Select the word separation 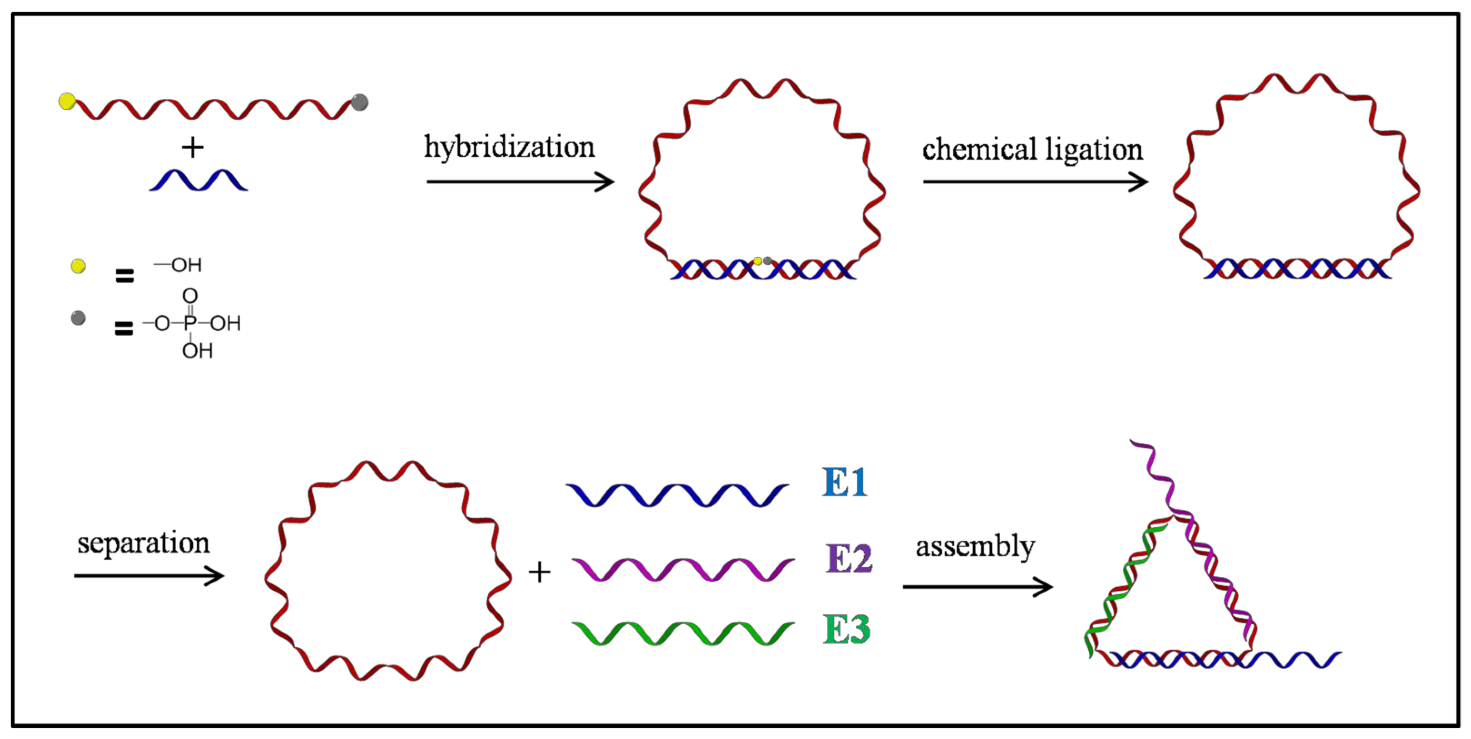pyautogui.click(x=143, y=543)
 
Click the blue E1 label pyautogui.click(x=845, y=483)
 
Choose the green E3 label pyautogui.click(x=846, y=630)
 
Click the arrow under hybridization pyautogui.click(x=520, y=182)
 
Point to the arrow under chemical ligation pyautogui.click(x=1035, y=182)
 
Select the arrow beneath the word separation pyautogui.click(x=148, y=576)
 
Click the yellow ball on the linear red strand pyautogui.click(x=67, y=101)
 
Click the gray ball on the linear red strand pyautogui.click(x=360, y=103)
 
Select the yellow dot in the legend pyautogui.click(x=78, y=266)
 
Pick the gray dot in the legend pyautogui.click(x=78, y=318)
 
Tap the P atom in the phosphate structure pyautogui.click(x=190, y=324)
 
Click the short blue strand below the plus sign pyautogui.click(x=198, y=180)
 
